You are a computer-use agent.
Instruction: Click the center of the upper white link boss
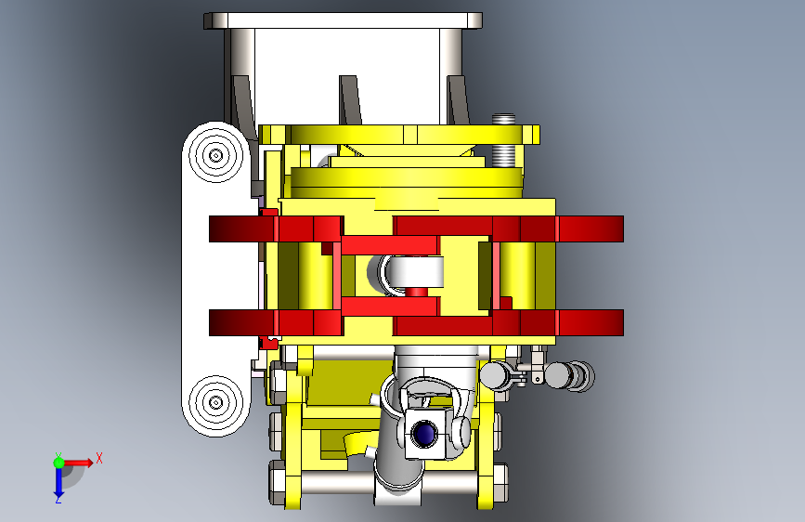(215, 154)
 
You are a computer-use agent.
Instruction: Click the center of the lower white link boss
(215, 402)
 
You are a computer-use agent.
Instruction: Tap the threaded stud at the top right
(503, 141)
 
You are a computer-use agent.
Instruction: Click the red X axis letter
(99, 458)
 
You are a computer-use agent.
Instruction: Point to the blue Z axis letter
(58, 499)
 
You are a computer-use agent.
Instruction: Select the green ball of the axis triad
(58, 463)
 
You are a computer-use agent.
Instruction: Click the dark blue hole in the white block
(424, 433)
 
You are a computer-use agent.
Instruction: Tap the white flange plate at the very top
(343, 20)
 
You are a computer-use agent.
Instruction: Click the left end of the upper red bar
(211, 228)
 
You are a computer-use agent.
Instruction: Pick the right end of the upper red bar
(622, 228)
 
